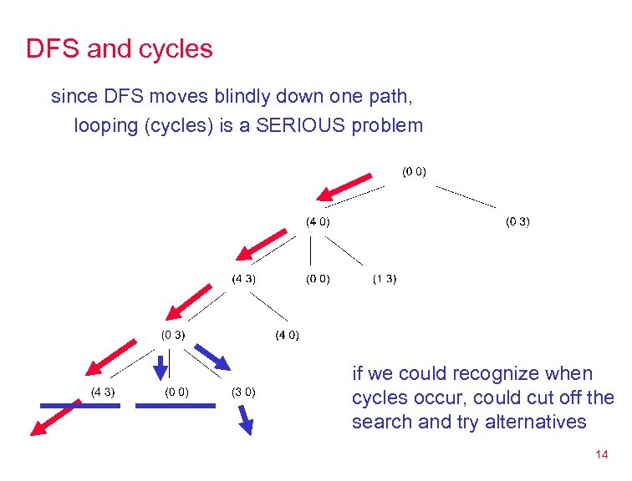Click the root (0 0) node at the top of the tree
click(x=414, y=172)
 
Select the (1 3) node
click(x=385, y=279)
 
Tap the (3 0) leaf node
click(x=243, y=392)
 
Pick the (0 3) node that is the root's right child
click(x=517, y=221)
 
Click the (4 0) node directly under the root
click(x=317, y=221)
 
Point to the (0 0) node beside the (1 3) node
click(x=317, y=279)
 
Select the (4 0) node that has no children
click(x=287, y=336)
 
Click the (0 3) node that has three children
click(x=173, y=334)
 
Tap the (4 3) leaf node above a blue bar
click(x=102, y=392)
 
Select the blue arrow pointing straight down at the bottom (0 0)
click(x=161, y=364)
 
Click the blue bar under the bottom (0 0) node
click(x=175, y=405)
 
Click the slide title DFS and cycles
click(x=120, y=49)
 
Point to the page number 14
click(x=600, y=455)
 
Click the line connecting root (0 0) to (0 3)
click(x=466, y=196)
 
